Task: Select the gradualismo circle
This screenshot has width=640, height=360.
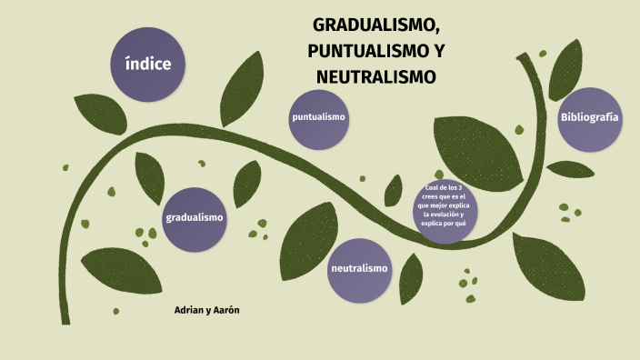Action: coord(195,218)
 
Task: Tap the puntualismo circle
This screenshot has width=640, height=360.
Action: coord(319,119)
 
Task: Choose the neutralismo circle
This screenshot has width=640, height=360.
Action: coord(360,269)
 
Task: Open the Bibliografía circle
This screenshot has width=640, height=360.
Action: coord(590,118)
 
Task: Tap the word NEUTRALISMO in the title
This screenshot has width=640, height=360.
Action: coord(376,77)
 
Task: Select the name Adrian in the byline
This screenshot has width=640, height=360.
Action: coord(188,310)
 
